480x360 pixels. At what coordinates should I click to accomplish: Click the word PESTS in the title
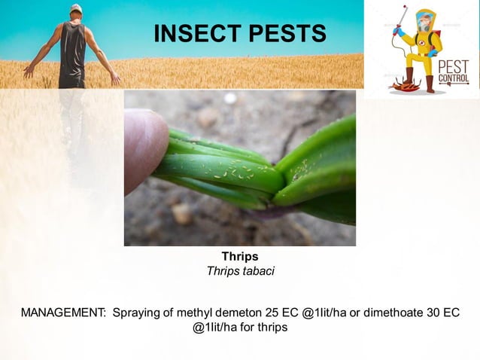pyautogui.click(x=289, y=33)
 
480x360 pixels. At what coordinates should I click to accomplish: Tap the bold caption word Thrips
pyautogui.click(x=240, y=257)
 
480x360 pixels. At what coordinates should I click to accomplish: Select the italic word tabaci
pyautogui.click(x=257, y=271)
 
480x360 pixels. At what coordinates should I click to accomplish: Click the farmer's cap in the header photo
pyautogui.click(x=75, y=8)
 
